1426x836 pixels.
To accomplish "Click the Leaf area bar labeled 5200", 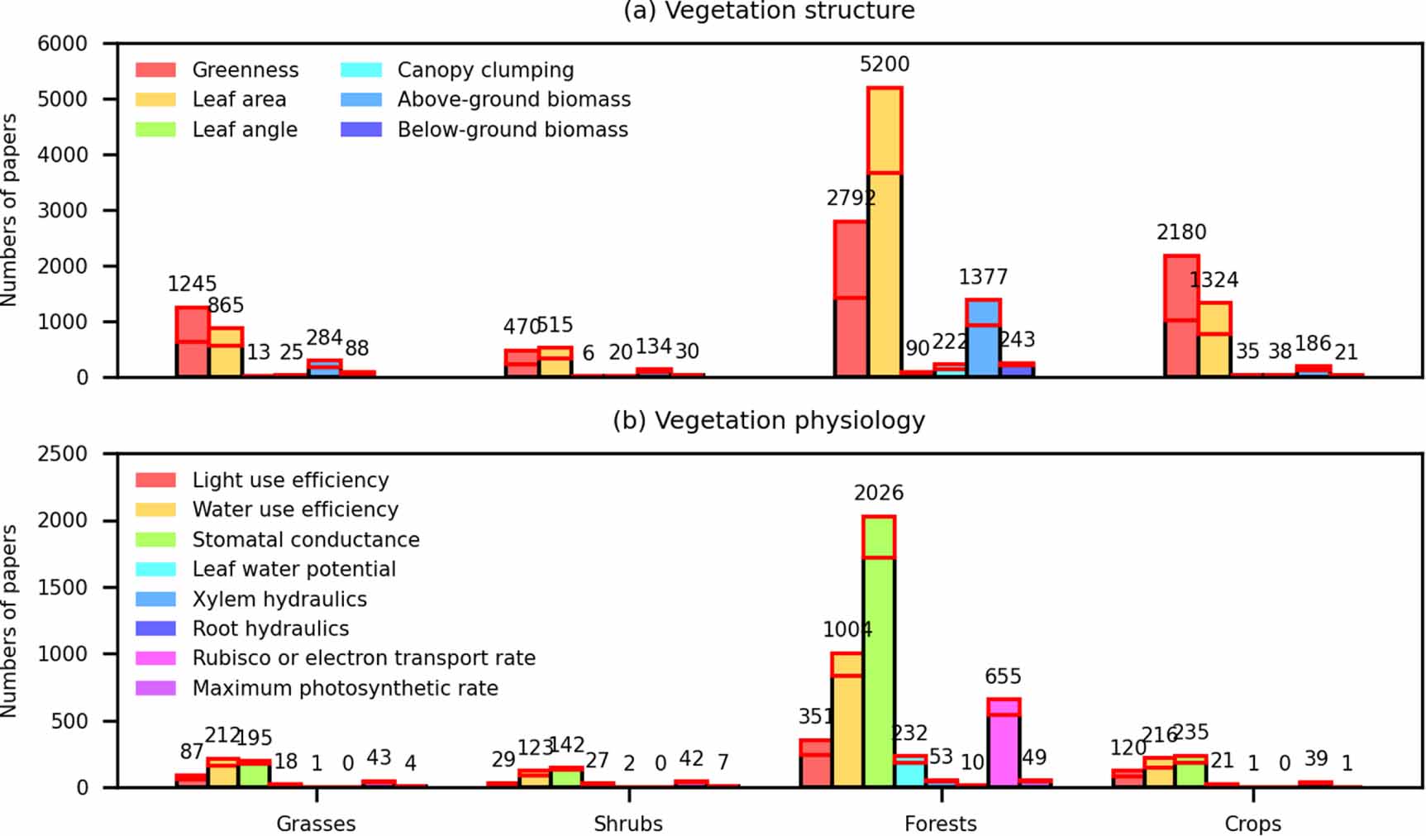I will tap(884, 232).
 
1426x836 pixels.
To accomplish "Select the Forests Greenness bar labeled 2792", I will tap(851, 298).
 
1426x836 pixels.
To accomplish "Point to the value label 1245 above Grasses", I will tap(192, 284).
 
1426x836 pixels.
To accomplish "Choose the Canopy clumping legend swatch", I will tap(361, 70).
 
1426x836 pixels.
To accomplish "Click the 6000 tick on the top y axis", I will tap(62, 44).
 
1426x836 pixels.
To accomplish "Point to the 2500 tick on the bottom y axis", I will tap(62, 454).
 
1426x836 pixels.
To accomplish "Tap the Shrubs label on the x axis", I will tap(628, 824).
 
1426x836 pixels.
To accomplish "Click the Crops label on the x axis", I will tap(1252, 824).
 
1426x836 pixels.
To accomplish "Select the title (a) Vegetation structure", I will tap(769, 12).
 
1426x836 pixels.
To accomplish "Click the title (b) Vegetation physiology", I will tap(769, 421).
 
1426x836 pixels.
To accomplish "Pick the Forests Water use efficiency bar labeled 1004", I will tap(847, 719).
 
